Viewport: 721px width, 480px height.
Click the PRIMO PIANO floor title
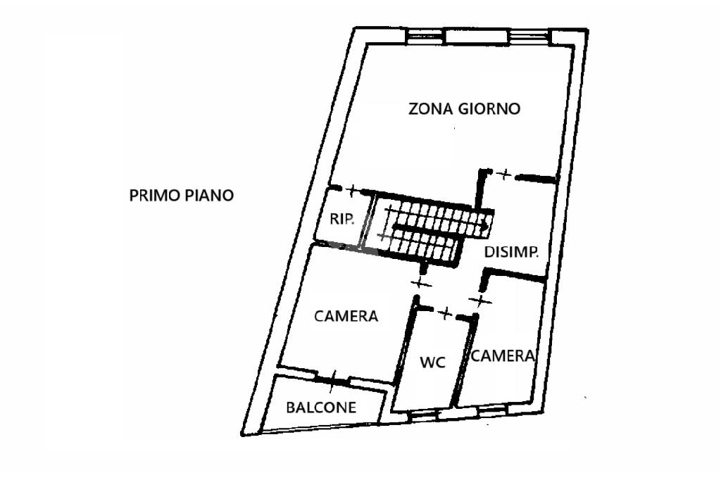pos(181,196)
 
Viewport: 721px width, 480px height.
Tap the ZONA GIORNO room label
pos(465,109)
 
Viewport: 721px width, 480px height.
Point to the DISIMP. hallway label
pos(511,252)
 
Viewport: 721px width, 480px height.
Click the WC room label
pos(433,362)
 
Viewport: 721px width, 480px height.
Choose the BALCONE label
pos(321,408)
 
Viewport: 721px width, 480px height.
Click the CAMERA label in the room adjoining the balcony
pos(346,316)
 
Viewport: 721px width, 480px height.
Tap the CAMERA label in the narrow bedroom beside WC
pos(503,355)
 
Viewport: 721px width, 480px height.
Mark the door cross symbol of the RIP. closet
pos(352,189)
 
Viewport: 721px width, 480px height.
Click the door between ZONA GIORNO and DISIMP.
pos(504,175)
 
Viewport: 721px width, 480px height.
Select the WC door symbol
pos(445,313)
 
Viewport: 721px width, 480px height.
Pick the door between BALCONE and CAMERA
pos(333,381)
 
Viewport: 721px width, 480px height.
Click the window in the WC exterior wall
pos(423,415)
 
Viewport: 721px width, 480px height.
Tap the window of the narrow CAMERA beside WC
pos(494,409)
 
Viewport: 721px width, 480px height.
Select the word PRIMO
pos(154,196)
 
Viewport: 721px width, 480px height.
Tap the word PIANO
pos(209,196)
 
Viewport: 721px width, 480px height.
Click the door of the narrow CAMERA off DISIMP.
pos(479,301)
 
